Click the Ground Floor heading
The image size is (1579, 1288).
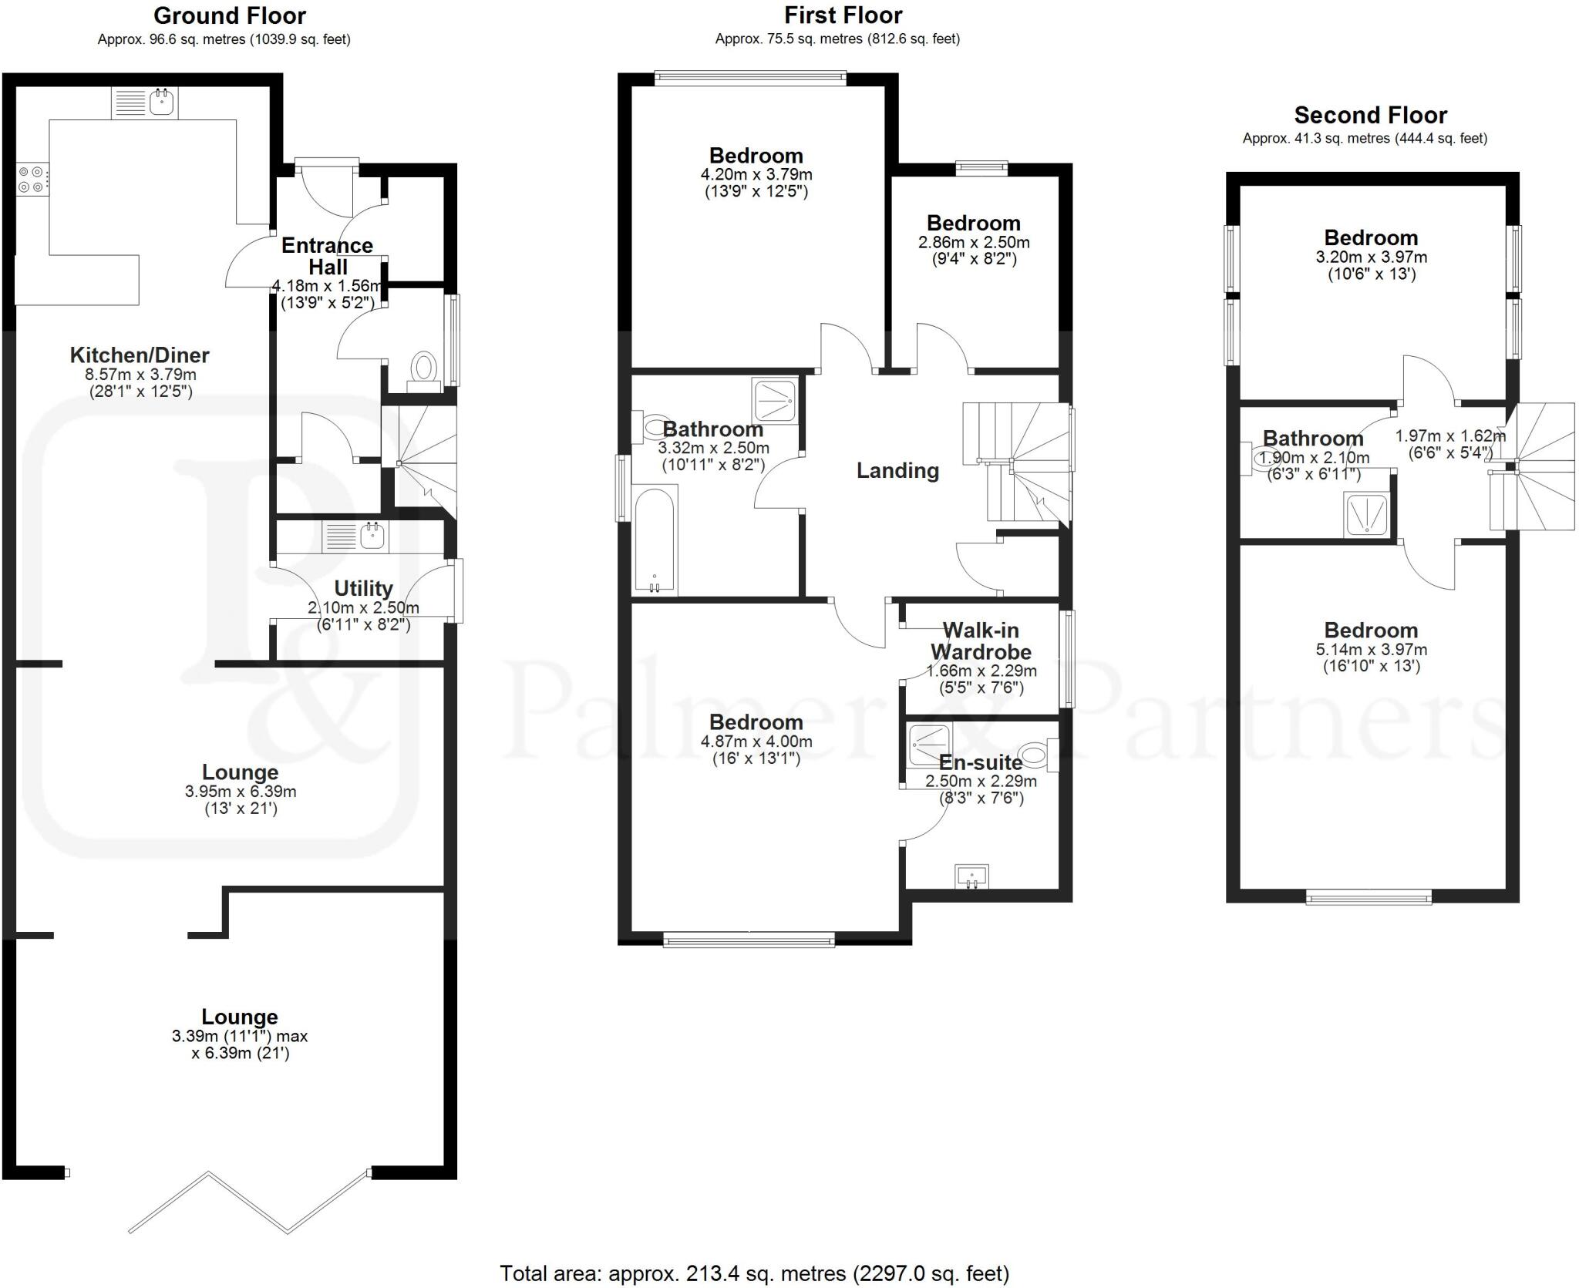(230, 15)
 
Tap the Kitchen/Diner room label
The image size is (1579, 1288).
(140, 355)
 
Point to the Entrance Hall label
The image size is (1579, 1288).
(328, 256)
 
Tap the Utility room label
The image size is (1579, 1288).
(363, 589)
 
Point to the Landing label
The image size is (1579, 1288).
(897, 471)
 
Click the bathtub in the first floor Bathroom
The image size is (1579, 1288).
(655, 540)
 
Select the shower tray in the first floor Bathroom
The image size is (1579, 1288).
(774, 401)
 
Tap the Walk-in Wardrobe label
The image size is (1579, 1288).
(981, 641)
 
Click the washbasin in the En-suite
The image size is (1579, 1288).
(971, 876)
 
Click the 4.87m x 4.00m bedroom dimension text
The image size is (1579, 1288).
(756, 742)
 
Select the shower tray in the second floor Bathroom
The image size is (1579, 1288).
(1366, 514)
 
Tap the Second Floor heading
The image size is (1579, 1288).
(1370, 116)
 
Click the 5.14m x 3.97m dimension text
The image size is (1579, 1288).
(1371, 650)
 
